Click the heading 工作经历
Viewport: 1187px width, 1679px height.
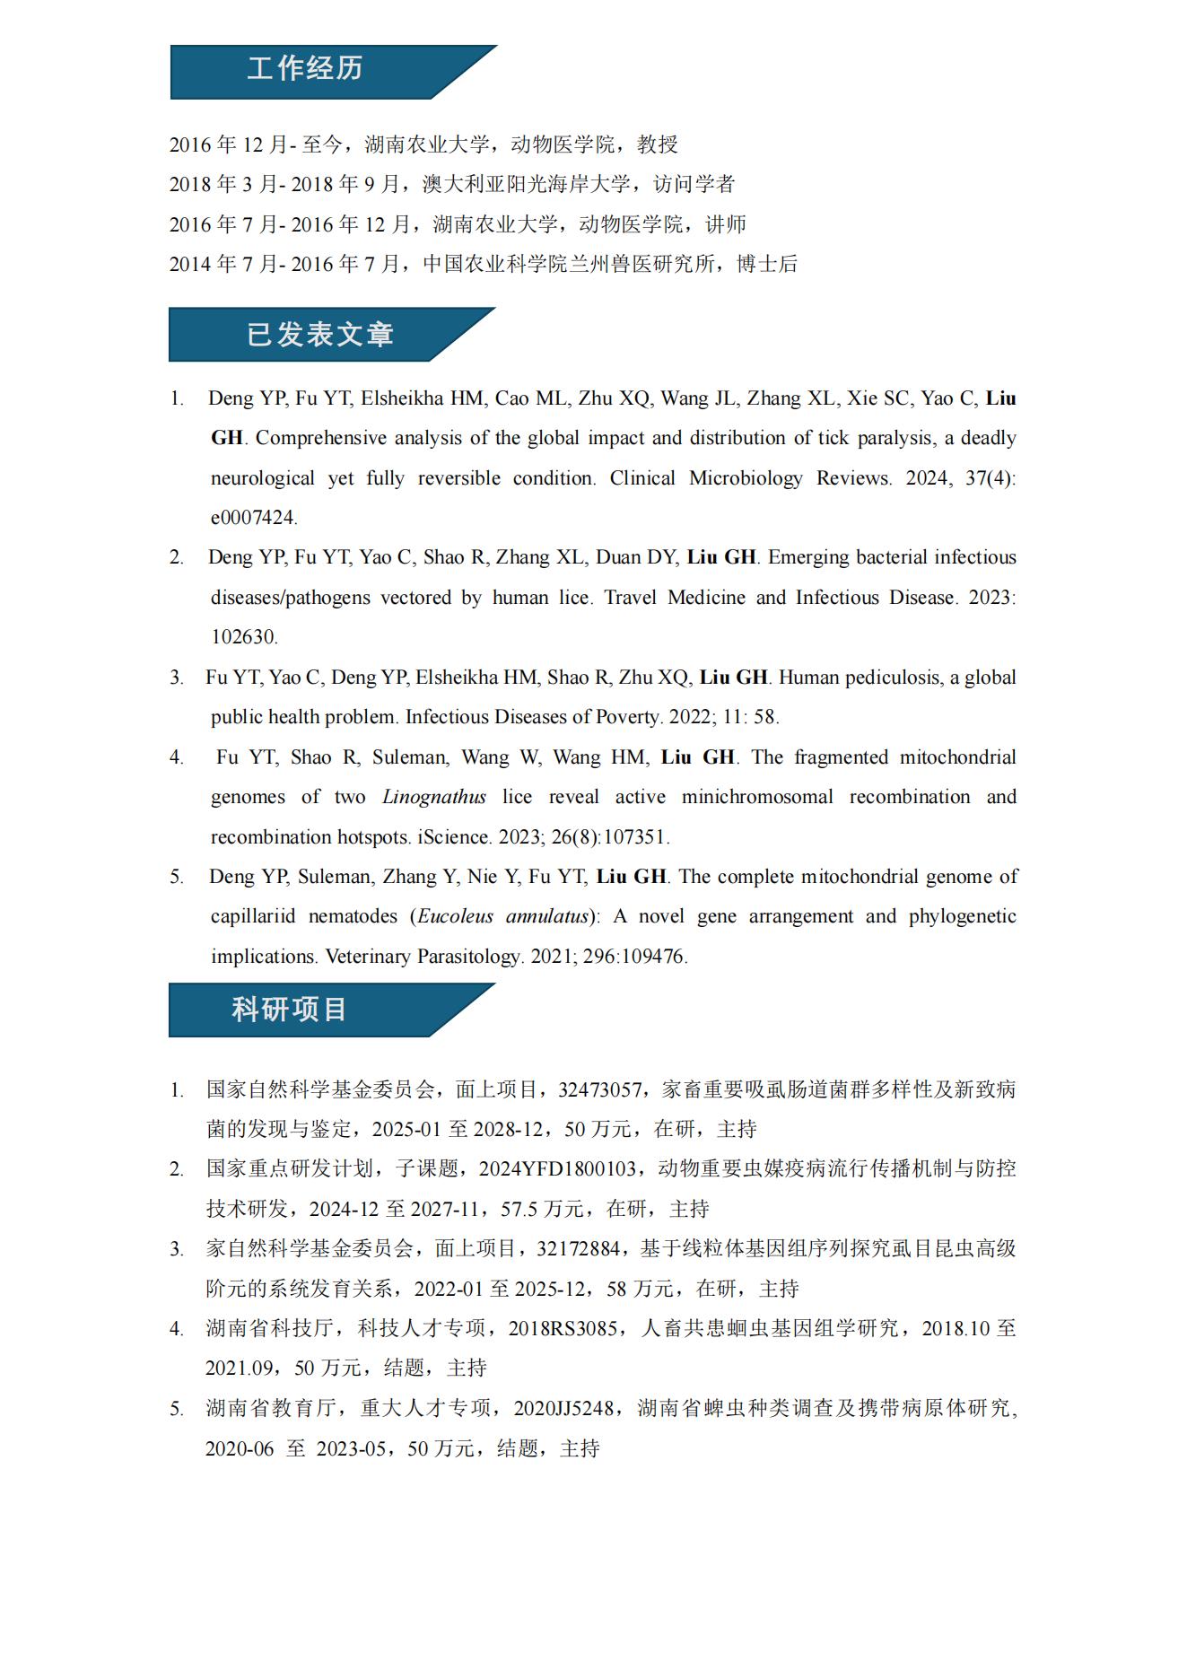pos(305,69)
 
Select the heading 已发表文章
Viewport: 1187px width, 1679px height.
pos(320,335)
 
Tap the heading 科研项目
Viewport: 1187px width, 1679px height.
pos(289,1010)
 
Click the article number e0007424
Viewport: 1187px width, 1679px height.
pos(253,518)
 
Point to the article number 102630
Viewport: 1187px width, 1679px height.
pos(243,637)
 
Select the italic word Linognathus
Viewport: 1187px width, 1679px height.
pos(434,797)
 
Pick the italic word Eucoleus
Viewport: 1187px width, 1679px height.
pos(455,916)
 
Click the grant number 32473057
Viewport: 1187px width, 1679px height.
pos(599,1089)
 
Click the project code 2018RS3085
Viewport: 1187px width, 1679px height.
pos(563,1328)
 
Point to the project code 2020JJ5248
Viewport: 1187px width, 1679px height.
pos(563,1408)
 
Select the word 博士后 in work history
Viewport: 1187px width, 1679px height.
pos(767,264)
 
